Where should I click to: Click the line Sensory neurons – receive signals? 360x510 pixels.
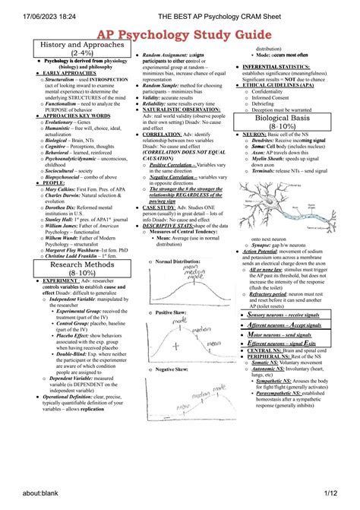tap(292, 313)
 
